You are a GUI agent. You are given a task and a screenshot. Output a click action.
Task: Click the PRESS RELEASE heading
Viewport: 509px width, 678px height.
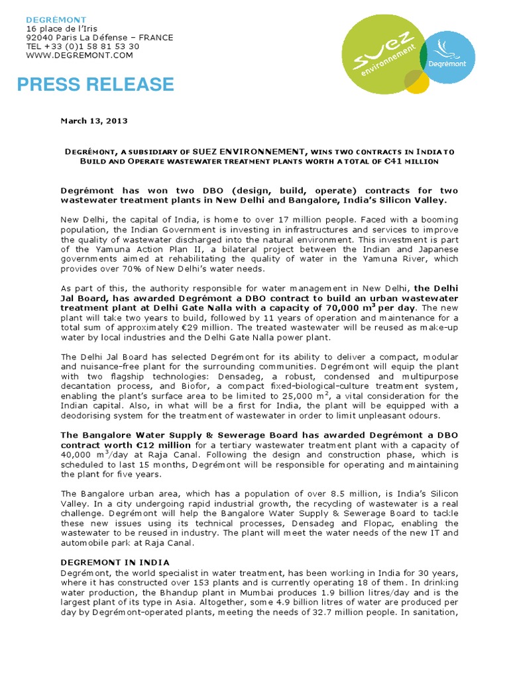(95, 85)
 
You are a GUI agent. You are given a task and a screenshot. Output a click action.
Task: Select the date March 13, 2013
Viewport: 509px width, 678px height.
(94, 121)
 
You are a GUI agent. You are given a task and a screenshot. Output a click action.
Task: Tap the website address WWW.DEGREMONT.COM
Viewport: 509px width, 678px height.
(80, 56)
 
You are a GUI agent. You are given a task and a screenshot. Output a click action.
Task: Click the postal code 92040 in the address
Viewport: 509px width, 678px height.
(39, 38)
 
